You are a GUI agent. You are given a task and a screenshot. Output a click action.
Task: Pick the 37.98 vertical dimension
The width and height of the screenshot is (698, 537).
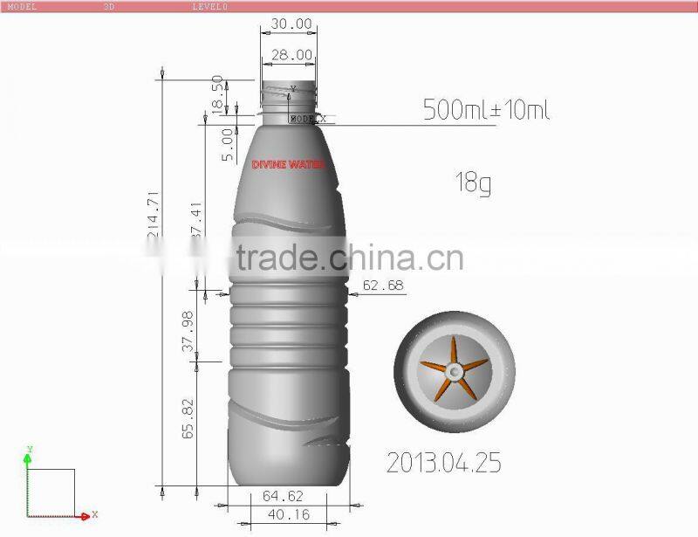click(187, 331)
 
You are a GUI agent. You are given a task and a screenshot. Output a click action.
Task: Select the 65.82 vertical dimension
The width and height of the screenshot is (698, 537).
click(187, 419)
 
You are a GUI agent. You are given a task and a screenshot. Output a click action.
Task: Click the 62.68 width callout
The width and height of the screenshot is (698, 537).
click(384, 285)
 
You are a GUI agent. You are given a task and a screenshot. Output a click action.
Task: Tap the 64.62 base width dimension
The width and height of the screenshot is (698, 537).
click(286, 496)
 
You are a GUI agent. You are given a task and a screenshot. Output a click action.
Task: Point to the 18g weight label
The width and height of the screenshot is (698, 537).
click(472, 183)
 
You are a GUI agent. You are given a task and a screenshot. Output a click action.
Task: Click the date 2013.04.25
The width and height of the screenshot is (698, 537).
click(444, 462)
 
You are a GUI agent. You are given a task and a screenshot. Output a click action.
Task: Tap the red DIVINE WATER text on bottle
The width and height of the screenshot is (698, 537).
click(287, 164)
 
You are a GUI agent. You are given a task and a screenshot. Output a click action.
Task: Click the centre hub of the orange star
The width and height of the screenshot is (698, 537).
click(455, 373)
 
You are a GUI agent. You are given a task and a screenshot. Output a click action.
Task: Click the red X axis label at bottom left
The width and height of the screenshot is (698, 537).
click(94, 514)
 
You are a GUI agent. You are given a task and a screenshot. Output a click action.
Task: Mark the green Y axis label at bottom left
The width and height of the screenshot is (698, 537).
click(29, 450)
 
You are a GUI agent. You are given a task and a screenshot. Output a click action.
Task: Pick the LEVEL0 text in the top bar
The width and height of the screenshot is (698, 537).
click(209, 5)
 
